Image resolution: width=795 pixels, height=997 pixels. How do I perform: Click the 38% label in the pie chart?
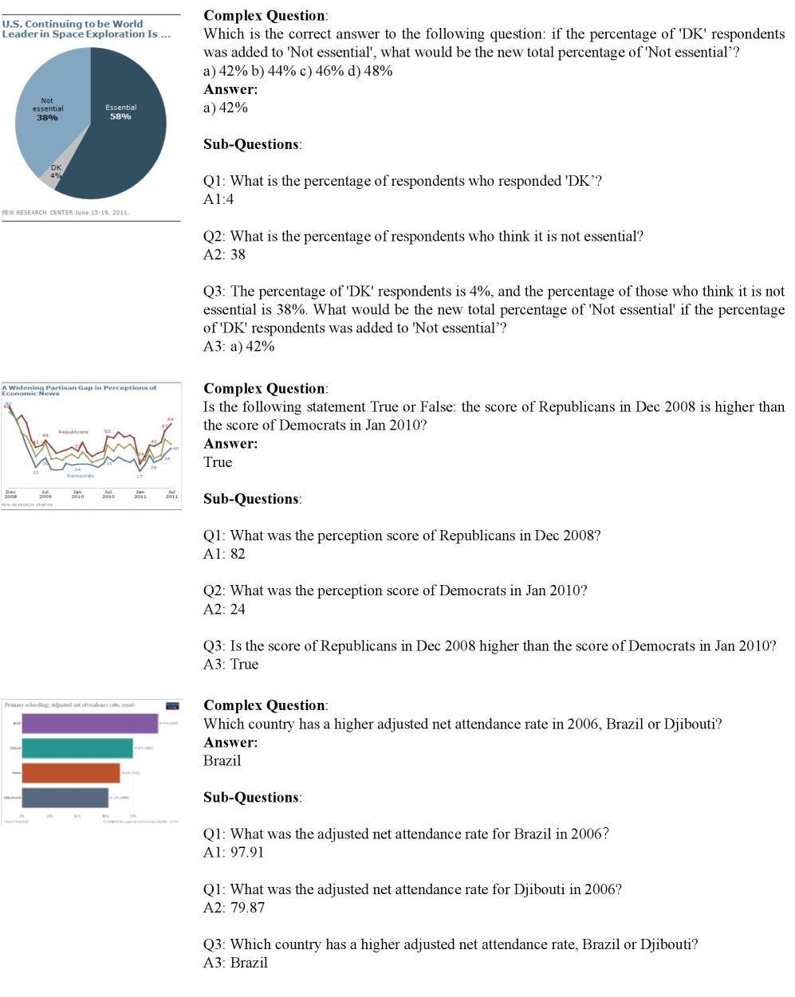47,118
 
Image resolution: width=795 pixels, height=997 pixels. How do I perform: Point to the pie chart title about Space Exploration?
85,29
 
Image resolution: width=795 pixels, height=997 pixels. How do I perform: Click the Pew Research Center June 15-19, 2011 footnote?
65,213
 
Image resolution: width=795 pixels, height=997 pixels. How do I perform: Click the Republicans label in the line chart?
73,432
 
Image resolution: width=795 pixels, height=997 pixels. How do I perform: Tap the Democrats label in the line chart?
81,476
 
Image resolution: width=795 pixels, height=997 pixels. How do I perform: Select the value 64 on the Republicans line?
170,419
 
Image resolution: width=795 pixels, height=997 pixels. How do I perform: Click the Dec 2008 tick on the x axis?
10,494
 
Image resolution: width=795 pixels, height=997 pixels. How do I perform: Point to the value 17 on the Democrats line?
140,476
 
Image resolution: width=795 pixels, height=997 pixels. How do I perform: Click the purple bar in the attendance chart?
89,724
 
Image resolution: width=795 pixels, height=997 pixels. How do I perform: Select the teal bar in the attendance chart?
77,748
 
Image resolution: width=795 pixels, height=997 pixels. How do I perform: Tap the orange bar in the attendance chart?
71,773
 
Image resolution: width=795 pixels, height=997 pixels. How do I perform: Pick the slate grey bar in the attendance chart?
65,798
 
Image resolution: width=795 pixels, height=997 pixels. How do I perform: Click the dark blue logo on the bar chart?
172,706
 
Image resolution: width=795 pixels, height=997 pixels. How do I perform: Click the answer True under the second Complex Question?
218,462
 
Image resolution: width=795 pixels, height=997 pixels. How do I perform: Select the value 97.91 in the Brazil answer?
246,853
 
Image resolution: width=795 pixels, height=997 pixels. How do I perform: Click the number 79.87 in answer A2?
247,908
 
